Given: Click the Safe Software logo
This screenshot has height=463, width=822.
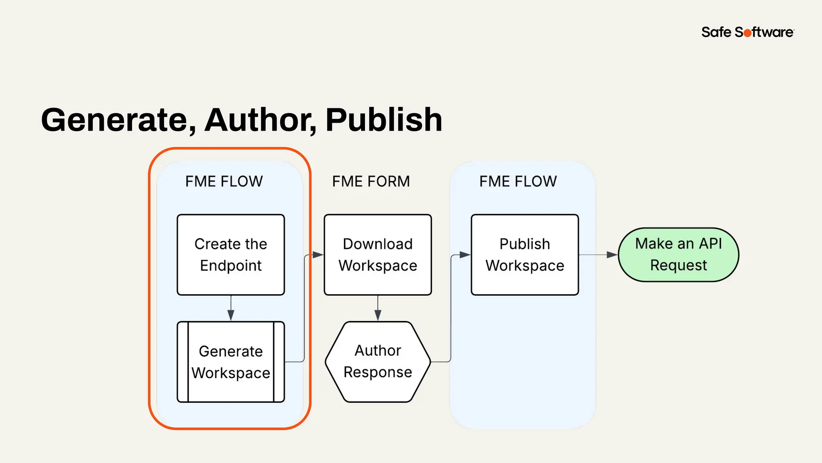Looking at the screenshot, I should (747, 32).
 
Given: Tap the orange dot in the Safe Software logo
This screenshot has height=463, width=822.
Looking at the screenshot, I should (747, 33).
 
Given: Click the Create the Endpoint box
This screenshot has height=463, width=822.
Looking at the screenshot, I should (231, 255).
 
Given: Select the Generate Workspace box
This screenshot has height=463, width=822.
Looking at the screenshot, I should (231, 362).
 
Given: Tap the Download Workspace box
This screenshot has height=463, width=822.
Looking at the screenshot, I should (378, 255).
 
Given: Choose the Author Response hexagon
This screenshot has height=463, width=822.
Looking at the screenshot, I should (378, 362).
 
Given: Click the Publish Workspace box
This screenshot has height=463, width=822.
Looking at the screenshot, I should (525, 255).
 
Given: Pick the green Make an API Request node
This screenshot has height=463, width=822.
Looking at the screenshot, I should (678, 255).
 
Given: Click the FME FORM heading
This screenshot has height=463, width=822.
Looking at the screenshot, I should (371, 181).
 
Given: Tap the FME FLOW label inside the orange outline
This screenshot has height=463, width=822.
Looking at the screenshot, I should (224, 181).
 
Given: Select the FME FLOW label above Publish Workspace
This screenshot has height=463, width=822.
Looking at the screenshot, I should (518, 181).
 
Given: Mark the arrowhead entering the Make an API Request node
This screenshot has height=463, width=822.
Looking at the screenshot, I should (612, 255).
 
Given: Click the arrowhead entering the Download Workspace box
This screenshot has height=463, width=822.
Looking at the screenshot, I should (317, 255).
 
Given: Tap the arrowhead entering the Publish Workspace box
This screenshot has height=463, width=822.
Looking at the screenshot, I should (464, 255).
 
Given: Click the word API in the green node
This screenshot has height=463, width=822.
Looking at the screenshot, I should (710, 244).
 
